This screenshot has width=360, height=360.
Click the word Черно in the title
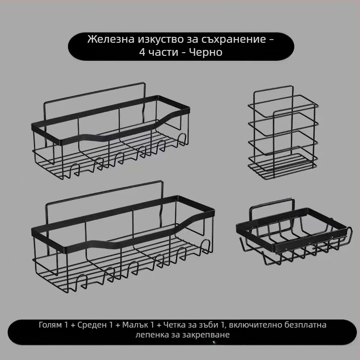pos(206,53)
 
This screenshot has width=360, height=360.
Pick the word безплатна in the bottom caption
pos(303,325)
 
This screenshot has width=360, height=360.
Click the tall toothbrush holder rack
pos(283,135)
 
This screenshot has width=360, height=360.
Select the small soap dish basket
pos(292,236)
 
